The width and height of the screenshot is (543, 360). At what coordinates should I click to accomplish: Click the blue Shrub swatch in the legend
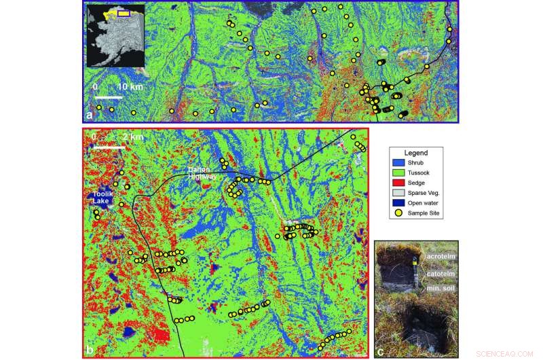pos(400,162)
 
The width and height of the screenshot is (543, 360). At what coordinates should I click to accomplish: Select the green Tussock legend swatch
pos(400,172)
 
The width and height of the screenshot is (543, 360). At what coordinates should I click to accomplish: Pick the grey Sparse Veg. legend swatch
pos(400,192)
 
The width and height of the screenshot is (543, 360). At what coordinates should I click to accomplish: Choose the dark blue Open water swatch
pos(400,202)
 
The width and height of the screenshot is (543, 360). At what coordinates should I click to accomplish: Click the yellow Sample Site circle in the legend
pos(400,213)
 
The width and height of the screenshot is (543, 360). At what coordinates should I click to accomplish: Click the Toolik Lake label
pos(100,198)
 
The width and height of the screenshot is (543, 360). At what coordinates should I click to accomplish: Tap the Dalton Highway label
pos(202,174)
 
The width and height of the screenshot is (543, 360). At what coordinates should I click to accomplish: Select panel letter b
pos(88,350)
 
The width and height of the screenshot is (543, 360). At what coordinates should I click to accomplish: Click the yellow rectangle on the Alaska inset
pos(124,13)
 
